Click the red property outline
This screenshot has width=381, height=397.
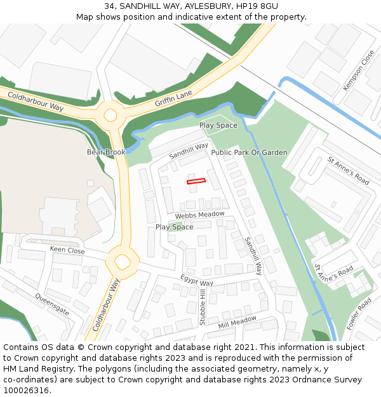click(x=196, y=182)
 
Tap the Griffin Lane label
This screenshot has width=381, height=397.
click(x=173, y=98)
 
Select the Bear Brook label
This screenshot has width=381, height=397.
click(x=107, y=152)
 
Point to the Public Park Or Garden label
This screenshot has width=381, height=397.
click(x=249, y=152)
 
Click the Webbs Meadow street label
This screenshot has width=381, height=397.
click(x=200, y=215)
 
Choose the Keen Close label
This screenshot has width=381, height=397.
click(x=67, y=250)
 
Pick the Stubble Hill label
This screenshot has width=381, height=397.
click(x=203, y=307)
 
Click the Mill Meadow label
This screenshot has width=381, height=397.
click(x=237, y=322)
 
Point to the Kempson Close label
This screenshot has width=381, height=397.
click(x=359, y=71)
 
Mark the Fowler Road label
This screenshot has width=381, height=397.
click(x=359, y=314)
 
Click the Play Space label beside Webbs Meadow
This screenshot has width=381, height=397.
click(x=175, y=227)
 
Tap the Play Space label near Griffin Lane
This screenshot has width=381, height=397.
click(x=218, y=125)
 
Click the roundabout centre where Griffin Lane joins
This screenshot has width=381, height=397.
click(x=111, y=115)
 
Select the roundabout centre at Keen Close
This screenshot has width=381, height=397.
click(x=122, y=260)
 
